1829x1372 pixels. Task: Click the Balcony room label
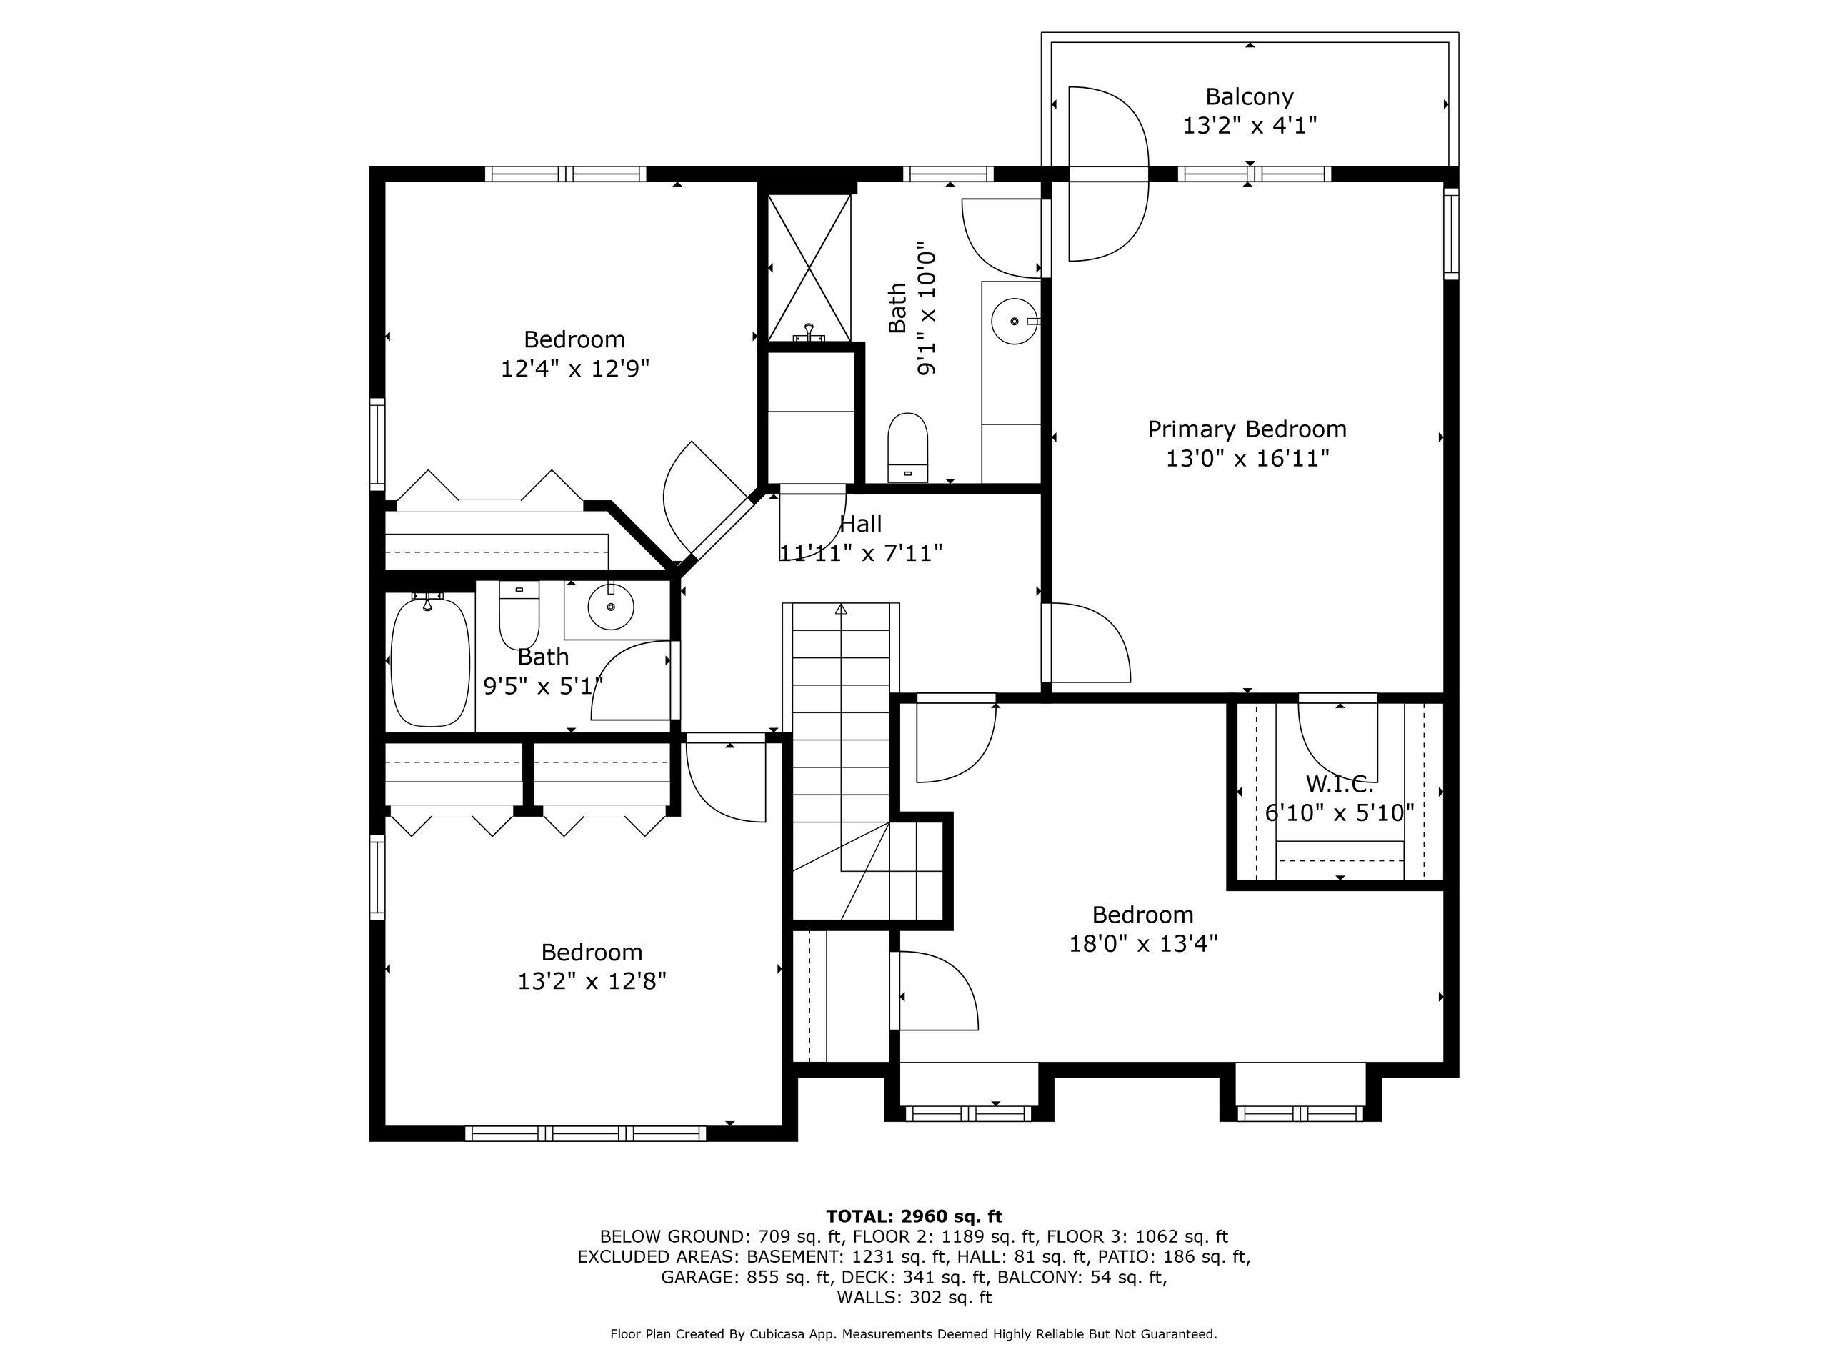[1249, 96]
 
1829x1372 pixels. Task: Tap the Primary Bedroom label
[1247, 429]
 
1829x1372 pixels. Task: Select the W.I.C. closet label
[1340, 783]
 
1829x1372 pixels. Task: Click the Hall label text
[861, 524]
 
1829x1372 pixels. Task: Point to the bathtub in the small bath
[430, 662]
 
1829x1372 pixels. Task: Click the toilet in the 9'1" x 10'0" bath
[908, 447]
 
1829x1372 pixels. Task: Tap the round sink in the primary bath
[1015, 321]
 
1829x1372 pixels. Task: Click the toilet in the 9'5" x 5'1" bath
[519, 615]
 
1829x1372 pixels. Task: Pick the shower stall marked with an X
[809, 268]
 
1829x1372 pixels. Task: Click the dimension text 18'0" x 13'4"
[1144, 944]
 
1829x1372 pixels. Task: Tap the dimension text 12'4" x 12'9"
[574, 369]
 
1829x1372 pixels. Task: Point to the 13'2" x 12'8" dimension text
[592, 981]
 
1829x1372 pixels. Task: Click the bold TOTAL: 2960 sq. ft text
[914, 1216]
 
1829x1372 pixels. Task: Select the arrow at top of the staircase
[842, 610]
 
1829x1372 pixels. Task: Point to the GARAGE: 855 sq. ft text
[745, 1277]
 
